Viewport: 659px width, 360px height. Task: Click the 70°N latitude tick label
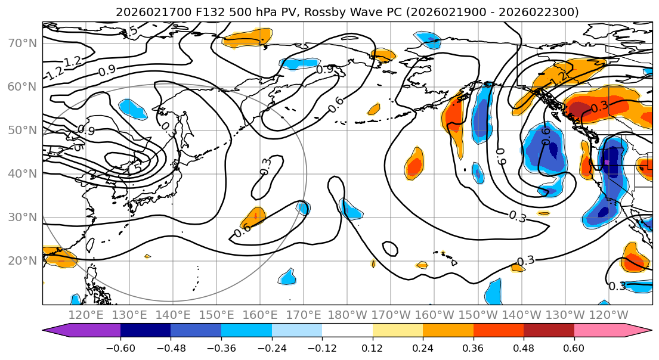pos(22,43)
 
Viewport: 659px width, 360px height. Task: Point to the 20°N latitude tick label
pos(22,260)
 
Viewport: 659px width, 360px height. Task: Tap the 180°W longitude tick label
pos(348,315)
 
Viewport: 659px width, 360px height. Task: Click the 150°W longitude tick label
pos(478,315)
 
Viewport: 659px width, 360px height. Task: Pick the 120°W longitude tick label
pos(608,315)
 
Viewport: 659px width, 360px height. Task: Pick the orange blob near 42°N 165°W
pos(414,162)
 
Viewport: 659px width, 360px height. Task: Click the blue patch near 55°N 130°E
pos(132,108)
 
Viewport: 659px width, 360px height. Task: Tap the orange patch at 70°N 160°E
pos(247,38)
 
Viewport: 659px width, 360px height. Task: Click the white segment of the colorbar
pos(347,331)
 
